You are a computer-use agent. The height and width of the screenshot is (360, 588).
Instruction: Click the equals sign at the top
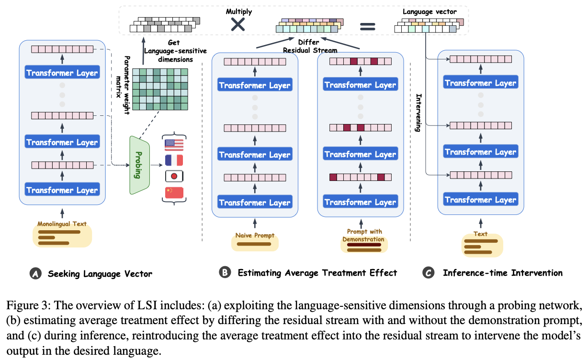(x=368, y=26)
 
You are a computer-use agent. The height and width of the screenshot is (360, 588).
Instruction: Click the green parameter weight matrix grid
(x=159, y=90)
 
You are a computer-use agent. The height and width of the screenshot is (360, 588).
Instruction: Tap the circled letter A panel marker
(x=35, y=274)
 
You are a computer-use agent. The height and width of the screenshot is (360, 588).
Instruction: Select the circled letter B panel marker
(x=225, y=272)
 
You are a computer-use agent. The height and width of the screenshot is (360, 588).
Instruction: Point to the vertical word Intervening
(x=418, y=113)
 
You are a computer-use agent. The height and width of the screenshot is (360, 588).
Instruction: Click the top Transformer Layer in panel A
(x=62, y=73)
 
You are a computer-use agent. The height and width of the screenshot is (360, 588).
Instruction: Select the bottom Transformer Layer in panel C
(x=480, y=200)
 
